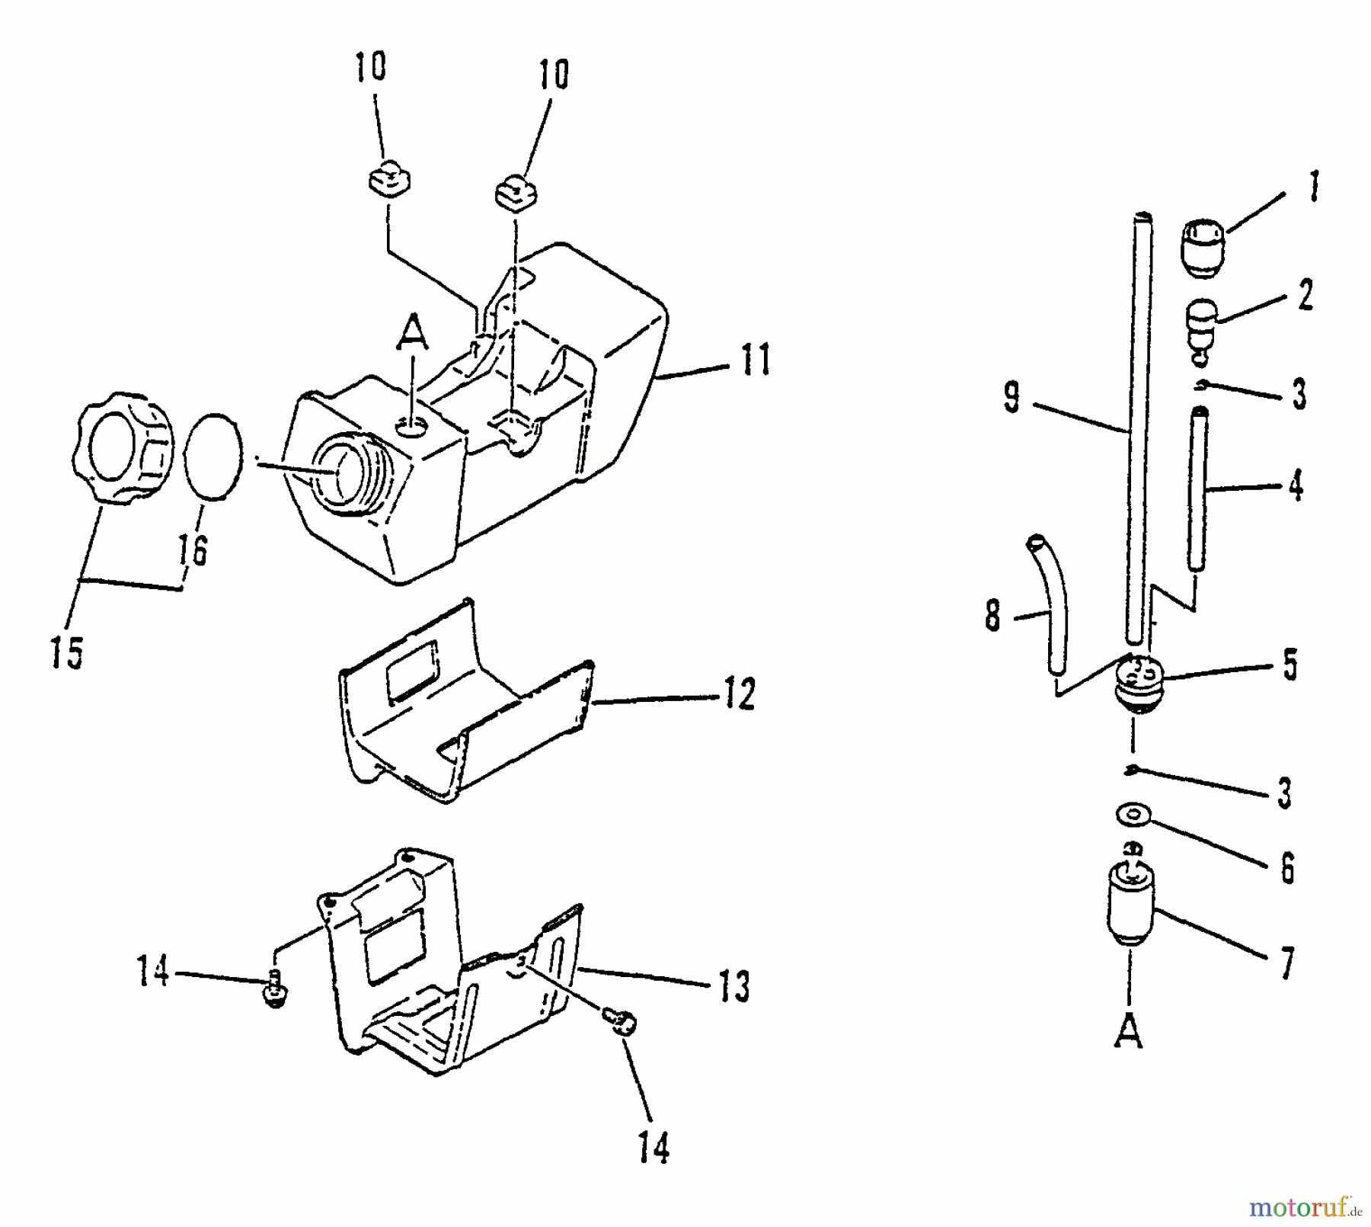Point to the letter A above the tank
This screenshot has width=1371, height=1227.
(x=412, y=333)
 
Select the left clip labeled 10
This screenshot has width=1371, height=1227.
(x=388, y=183)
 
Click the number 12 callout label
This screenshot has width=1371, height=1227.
(x=738, y=694)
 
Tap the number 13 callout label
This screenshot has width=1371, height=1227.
(x=733, y=985)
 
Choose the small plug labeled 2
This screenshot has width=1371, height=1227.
(x=1204, y=324)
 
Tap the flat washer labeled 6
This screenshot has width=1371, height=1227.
(x=1133, y=814)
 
